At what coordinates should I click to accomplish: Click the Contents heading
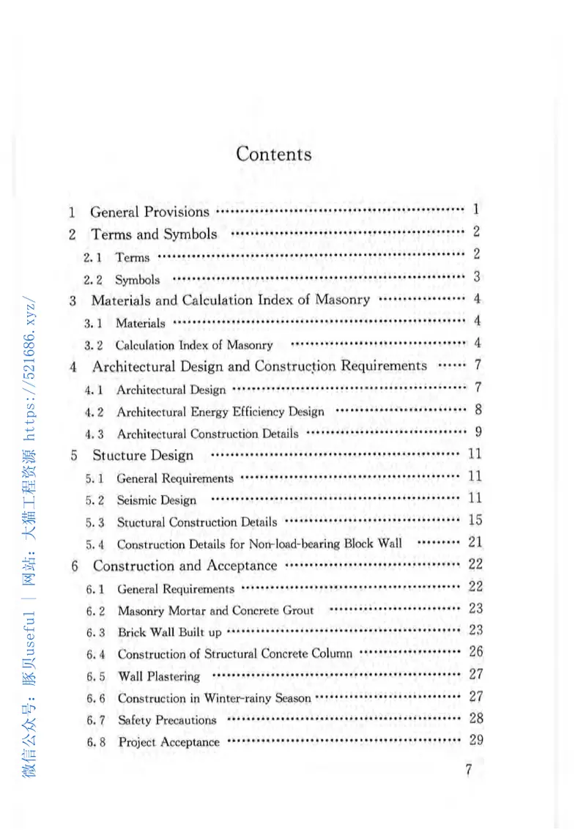coord(273,155)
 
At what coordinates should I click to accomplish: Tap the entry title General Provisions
coord(149,212)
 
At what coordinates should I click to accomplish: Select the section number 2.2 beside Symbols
coord(92,280)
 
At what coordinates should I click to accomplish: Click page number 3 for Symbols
coord(476,277)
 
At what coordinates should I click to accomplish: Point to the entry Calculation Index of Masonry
coord(194,345)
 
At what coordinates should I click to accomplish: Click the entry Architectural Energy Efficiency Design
coord(220,412)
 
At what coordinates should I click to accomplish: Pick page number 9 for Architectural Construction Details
coord(477,431)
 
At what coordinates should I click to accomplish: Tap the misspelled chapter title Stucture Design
coord(143,456)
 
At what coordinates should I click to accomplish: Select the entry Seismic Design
coord(157,500)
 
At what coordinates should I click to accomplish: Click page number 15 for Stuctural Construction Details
coord(475,520)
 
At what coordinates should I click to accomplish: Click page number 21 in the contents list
coord(475,542)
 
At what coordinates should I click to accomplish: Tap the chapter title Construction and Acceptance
coord(185,566)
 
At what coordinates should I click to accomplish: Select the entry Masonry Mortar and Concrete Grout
coord(215,610)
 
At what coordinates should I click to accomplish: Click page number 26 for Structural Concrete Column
coord(475,651)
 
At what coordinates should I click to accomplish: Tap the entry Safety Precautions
coord(167,720)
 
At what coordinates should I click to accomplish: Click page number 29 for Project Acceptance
coord(475,740)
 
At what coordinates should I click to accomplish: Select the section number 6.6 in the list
coord(96,698)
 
